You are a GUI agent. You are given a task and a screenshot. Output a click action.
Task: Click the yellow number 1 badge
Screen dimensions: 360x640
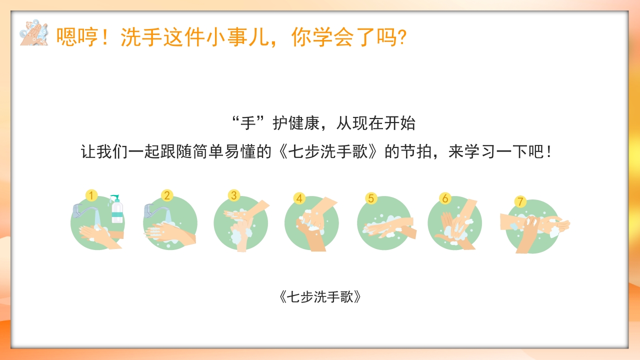point(91,195)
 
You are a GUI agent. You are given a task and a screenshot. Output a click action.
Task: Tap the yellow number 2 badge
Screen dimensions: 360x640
point(167,195)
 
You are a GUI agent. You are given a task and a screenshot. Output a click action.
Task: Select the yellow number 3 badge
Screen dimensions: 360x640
point(233,195)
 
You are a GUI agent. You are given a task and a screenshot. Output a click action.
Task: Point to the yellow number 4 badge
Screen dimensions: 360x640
point(299,198)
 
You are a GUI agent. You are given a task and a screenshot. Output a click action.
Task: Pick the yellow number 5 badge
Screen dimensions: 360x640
point(370,198)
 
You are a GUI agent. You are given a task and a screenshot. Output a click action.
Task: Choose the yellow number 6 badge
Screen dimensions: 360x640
point(445,198)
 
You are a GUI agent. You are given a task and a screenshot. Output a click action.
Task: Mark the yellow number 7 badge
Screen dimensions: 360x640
point(520,202)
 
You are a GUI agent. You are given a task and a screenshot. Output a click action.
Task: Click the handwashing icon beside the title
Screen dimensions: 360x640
point(34,33)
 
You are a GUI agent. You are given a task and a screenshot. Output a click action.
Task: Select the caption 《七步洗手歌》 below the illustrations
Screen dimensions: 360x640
point(320,296)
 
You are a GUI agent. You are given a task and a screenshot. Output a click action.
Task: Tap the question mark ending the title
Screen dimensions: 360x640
point(400,37)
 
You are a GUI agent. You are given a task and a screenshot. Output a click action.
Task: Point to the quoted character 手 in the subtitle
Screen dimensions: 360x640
point(248,123)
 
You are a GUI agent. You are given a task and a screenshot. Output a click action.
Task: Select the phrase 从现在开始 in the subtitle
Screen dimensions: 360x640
point(376,123)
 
